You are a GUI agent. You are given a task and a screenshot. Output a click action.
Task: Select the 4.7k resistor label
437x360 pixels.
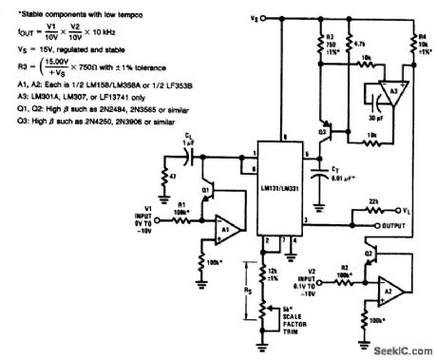point(344,43)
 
